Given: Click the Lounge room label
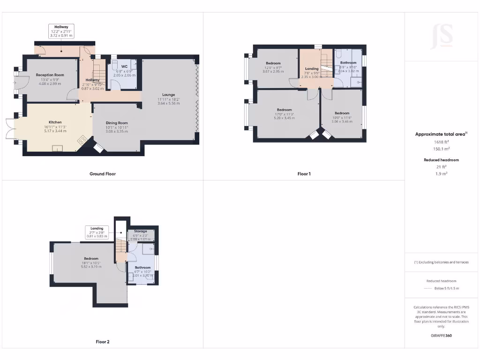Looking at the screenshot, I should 168,95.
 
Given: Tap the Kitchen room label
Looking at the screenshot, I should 55,122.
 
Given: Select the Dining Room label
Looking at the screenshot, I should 117,123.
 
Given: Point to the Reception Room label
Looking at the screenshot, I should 50,75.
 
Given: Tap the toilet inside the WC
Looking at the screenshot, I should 114,65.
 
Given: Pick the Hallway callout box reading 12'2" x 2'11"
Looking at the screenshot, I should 61,31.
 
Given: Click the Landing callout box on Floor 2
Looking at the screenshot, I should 97,232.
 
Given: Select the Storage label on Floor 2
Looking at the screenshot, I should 140,231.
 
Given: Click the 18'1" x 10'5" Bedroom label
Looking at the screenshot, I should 91,259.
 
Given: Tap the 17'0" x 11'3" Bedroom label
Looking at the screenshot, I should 284,110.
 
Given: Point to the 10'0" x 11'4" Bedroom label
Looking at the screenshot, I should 342,113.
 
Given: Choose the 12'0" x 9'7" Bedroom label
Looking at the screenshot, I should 273,63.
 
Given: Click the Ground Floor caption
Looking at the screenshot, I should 103,174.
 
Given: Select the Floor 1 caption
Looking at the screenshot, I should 304,174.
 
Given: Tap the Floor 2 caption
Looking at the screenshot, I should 103,342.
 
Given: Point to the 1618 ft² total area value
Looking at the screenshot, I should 442,141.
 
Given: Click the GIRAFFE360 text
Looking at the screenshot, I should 442,336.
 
